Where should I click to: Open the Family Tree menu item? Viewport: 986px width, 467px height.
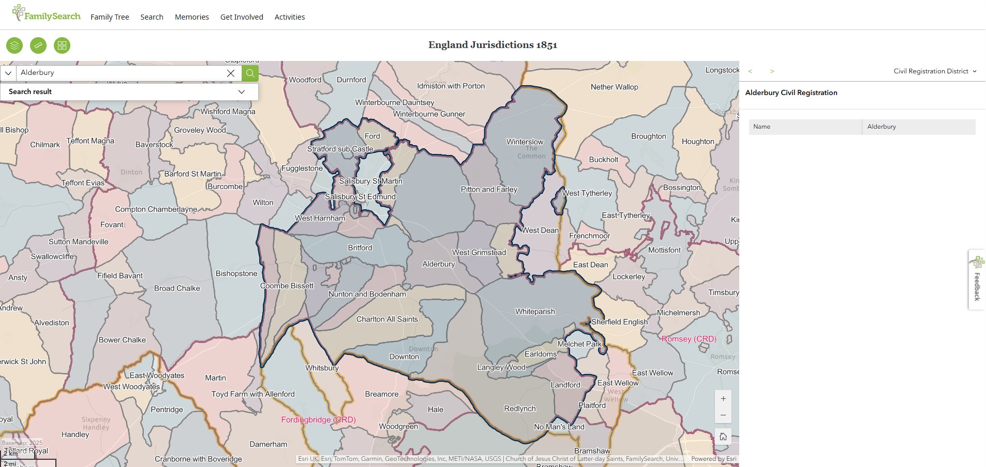pyautogui.click(x=110, y=17)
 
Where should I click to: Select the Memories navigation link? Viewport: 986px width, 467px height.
pyautogui.click(x=191, y=17)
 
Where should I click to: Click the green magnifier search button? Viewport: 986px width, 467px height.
pyautogui.click(x=250, y=73)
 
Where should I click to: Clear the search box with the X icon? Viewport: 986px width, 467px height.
pyautogui.click(x=231, y=73)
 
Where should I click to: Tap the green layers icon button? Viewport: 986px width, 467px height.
pyautogui.click(x=14, y=45)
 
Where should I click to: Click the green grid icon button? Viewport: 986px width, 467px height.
pyautogui.click(x=62, y=45)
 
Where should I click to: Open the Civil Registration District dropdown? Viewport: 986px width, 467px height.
pyautogui.click(x=935, y=71)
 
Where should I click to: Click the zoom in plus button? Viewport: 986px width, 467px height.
pyautogui.click(x=723, y=399)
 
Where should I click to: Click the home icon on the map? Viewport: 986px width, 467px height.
pyautogui.click(x=723, y=437)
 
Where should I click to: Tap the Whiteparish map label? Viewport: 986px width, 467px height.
pyautogui.click(x=535, y=312)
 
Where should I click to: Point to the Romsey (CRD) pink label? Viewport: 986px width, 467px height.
pyautogui.click(x=689, y=339)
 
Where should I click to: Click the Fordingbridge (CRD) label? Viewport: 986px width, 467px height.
pyautogui.click(x=318, y=419)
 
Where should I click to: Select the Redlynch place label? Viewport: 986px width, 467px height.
pyautogui.click(x=520, y=409)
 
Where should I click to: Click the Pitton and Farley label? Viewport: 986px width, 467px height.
pyautogui.click(x=489, y=190)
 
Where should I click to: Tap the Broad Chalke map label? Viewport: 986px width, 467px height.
pyautogui.click(x=177, y=288)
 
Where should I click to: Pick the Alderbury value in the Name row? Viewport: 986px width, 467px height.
pyautogui.click(x=882, y=127)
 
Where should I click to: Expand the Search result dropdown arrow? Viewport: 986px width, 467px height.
pyautogui.click(x=241, y=92)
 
